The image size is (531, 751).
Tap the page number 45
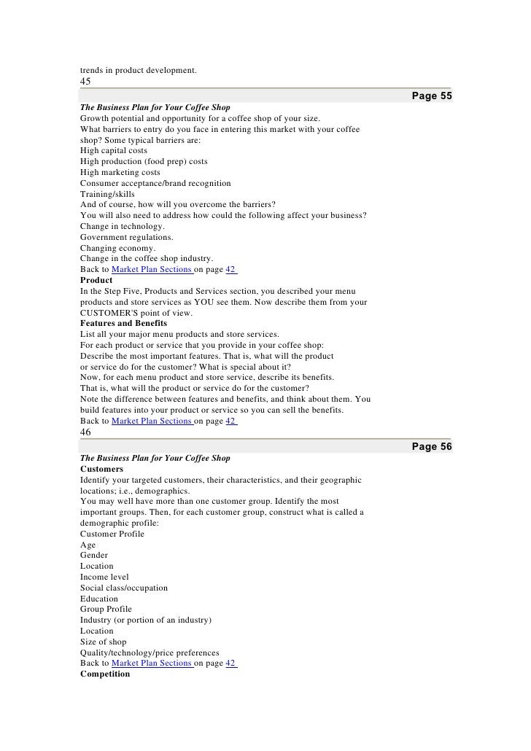[85, 82]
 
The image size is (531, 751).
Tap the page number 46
[85, 432]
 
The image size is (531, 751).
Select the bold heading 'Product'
[96, 280]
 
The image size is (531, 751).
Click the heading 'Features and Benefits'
[123, 323]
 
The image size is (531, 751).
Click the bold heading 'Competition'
[105, 674]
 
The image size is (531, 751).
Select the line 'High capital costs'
[114, 150]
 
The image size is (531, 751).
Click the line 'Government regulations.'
[127, 237]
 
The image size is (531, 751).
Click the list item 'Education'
[99, 599]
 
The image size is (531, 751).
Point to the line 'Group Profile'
[107, 610]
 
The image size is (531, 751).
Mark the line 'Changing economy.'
[117, 248]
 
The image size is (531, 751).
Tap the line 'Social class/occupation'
[124, 588]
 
